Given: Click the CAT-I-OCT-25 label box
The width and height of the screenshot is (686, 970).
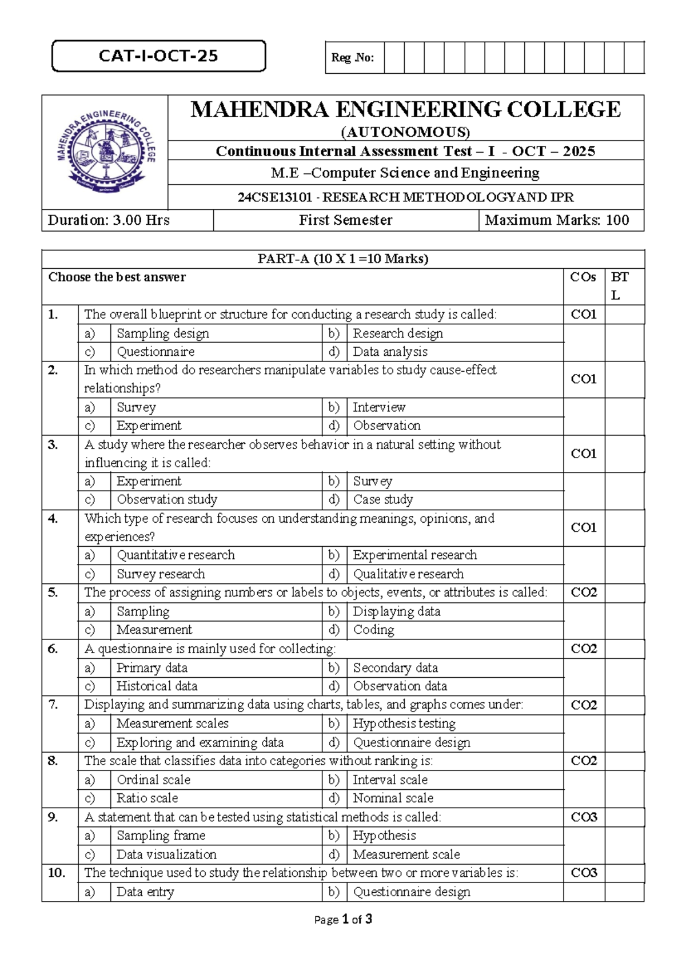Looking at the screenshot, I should click(158, 56).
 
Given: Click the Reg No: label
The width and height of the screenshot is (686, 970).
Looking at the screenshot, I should click(353, 58).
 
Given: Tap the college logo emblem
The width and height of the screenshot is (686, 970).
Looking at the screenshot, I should click(105, 152).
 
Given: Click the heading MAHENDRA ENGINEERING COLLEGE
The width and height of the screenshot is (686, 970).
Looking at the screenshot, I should click(405, 109).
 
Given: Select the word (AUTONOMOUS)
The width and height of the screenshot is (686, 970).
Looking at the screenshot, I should click(405, 133).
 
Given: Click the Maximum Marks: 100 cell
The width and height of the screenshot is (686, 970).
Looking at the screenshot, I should click(557, 220).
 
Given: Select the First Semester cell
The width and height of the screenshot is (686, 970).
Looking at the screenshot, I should click(345, 220).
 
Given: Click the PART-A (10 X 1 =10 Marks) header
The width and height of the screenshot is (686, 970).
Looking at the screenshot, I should click(343, 259).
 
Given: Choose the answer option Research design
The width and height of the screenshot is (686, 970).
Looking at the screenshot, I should click(398, 333).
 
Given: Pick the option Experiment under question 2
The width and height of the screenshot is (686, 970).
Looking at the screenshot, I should click(149, 426).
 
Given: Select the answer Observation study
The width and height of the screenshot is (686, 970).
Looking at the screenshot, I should click(167, 499).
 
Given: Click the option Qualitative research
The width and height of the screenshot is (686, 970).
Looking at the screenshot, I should click(408, 574).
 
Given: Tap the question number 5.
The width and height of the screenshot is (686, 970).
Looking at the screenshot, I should click(53, 593).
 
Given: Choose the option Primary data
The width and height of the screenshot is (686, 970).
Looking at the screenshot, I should click(152, 667).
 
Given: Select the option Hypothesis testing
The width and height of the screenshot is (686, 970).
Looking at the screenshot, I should click(404, 723).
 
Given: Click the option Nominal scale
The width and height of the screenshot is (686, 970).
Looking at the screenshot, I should click(393, 798).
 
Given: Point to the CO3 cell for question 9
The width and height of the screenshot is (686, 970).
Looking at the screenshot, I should click(584, 817).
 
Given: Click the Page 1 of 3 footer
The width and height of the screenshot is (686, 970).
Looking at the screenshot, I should click(343, 919).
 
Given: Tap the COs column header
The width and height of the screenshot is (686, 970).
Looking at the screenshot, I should click(583, 277).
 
